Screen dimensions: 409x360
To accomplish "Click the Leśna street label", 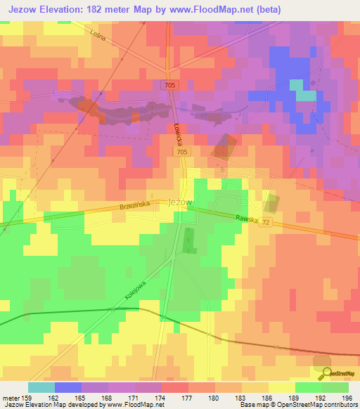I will click(97, 36).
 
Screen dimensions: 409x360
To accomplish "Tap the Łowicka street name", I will click(179, 131).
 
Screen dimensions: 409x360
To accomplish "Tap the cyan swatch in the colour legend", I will click(41, 387).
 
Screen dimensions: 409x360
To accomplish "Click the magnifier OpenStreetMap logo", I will click(324, 374).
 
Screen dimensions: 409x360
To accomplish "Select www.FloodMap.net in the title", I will click(223, 9).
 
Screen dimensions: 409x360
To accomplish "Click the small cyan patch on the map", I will click(306, 95).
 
